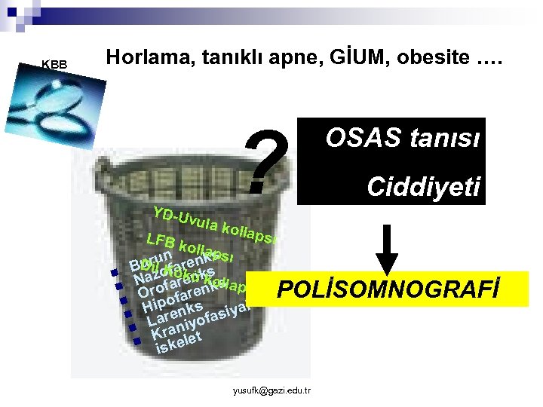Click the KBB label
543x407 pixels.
point(54,65)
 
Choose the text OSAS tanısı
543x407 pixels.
point(400,139)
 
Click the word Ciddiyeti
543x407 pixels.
point(424,187)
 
